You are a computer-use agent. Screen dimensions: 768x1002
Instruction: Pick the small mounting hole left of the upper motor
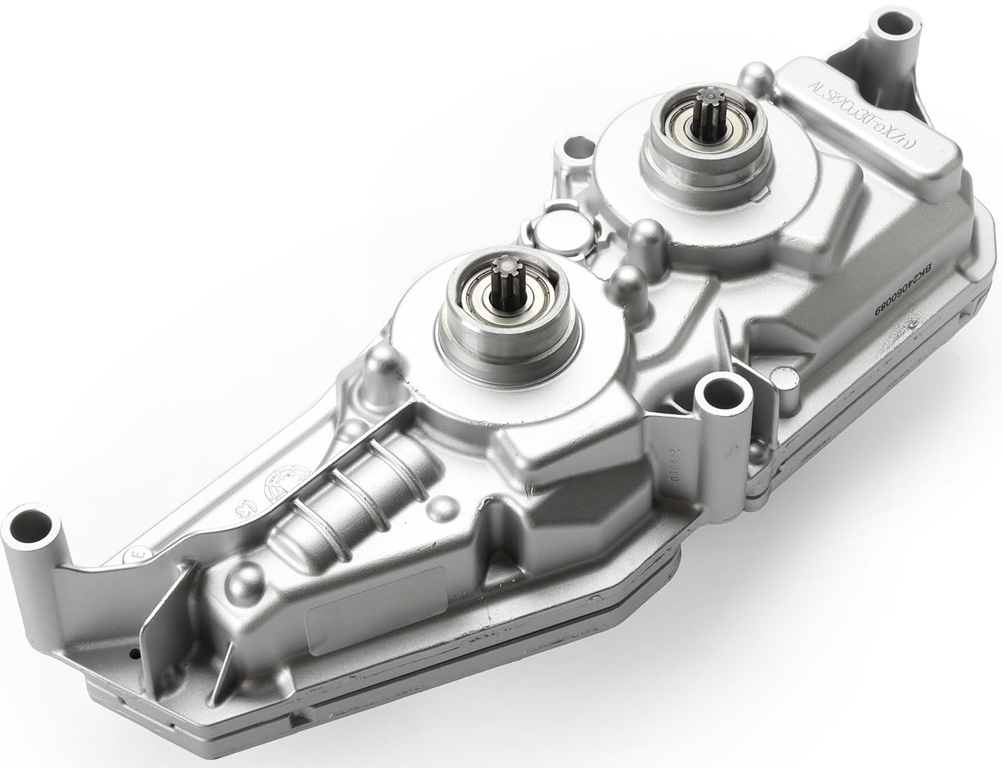click(572, 150)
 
